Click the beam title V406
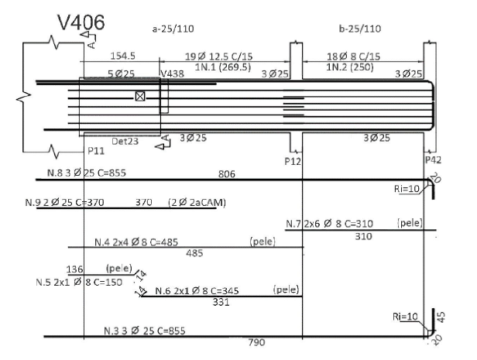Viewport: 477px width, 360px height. click(81, 22)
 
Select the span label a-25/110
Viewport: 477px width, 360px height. click(173, 29)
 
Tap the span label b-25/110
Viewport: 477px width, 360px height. click(360, 29)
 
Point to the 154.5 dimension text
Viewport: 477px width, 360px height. click(122, 56)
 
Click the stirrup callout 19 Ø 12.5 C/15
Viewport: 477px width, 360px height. click(219, 57)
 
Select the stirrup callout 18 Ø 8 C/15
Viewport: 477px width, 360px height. click(353, 57)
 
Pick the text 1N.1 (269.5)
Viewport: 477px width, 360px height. click(223, 67)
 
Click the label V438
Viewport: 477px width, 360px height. click(172, 74)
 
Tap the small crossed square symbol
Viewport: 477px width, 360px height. click(140, 96)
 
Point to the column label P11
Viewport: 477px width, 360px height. click(96, 151)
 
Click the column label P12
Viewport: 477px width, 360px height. click(293, 161)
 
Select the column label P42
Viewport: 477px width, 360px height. click(433, 160)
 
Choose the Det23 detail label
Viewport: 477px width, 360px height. click(125, 142)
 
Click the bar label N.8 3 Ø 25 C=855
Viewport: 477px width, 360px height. click(87, 173)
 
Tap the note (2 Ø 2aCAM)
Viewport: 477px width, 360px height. click(197, 203)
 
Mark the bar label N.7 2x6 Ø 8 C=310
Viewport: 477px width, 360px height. click(329, 224)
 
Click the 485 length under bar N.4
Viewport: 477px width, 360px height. click(194, 253)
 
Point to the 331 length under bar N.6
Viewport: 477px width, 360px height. click(221, 302)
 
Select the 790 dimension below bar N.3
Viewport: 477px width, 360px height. click(257, 342)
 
